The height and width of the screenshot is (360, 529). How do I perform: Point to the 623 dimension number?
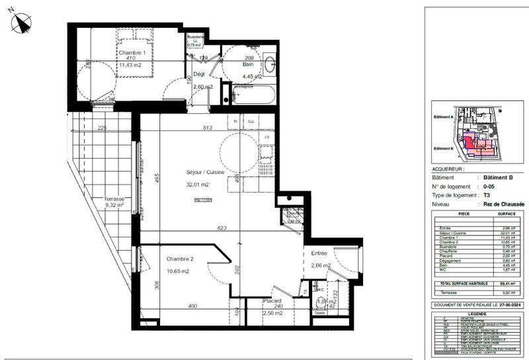click(222, 228)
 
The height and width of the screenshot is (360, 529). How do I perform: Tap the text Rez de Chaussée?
click(503, 206)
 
